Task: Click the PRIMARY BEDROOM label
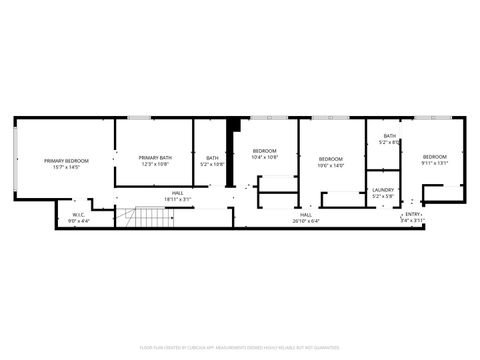pyautogui.click(x=66, y=160)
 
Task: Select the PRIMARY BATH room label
pyautogui.click(x=155, y=157)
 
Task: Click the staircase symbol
pyautogui.click(x=149, y=216)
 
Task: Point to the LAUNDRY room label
pyautogui.click(x=383, y=189)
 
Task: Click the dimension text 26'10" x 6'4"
pyautogui.click(x=306, y=221)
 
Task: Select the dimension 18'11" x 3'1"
pyautogui.click(x=177, y=199)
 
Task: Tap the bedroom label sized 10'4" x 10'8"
pyautogui.click(x=264, y=151)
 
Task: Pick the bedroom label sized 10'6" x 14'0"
pyautogui.click(x=330, y=159)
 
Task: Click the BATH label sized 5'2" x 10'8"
pyautogui.click(x=212, y=157)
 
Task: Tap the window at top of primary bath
pyautogui.click(x=141, y=118)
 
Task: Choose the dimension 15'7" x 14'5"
pyautogui.click(x=66, y=167)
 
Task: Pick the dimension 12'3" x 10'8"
pyautogui.click(x=155, y=163)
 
